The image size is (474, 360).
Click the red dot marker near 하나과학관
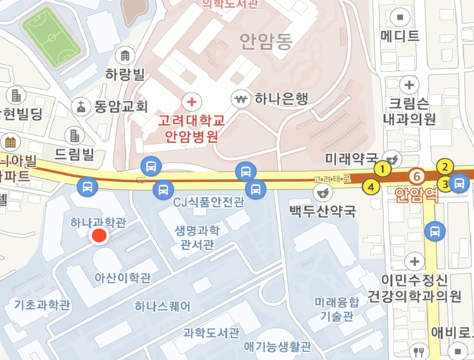100,236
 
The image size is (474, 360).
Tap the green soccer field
52,38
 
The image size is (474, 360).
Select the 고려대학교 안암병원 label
191,129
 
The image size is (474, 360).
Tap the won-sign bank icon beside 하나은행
241,99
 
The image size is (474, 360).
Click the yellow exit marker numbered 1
383,169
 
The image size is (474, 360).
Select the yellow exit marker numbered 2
445,167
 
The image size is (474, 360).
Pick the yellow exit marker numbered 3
445,184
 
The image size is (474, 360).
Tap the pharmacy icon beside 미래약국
392,158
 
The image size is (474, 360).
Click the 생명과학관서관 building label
197,237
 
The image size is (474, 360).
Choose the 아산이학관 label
123,278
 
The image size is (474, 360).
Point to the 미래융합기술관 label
337,309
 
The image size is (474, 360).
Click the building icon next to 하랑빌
125,55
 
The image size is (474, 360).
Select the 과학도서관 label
211,333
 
